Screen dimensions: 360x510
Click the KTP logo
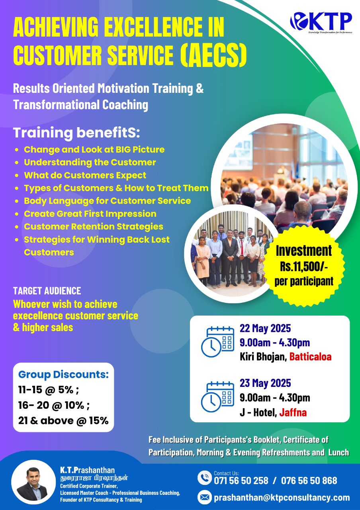click(321, 22)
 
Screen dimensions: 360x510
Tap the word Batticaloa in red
click(310, 357)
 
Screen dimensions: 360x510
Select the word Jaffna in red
click(293, 412)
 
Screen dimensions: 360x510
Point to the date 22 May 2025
click(265, 328)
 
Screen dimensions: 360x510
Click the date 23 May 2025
click(265, 383)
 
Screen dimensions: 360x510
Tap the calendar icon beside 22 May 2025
click(217, 342)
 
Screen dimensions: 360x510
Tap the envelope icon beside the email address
click(204, 498)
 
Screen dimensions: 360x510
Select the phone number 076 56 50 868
click(309, 481)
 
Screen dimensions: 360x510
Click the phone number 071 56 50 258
click(241, 481)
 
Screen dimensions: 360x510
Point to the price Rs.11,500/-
click(304, 266)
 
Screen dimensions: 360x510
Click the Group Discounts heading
click(63, 374)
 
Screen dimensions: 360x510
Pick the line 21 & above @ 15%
click(63, 420)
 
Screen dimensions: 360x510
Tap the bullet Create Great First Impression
click(90, 214)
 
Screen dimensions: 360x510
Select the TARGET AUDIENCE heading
click(47, 291)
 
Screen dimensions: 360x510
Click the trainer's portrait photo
click(33, 483)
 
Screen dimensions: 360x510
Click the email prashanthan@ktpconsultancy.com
click(282, 498)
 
